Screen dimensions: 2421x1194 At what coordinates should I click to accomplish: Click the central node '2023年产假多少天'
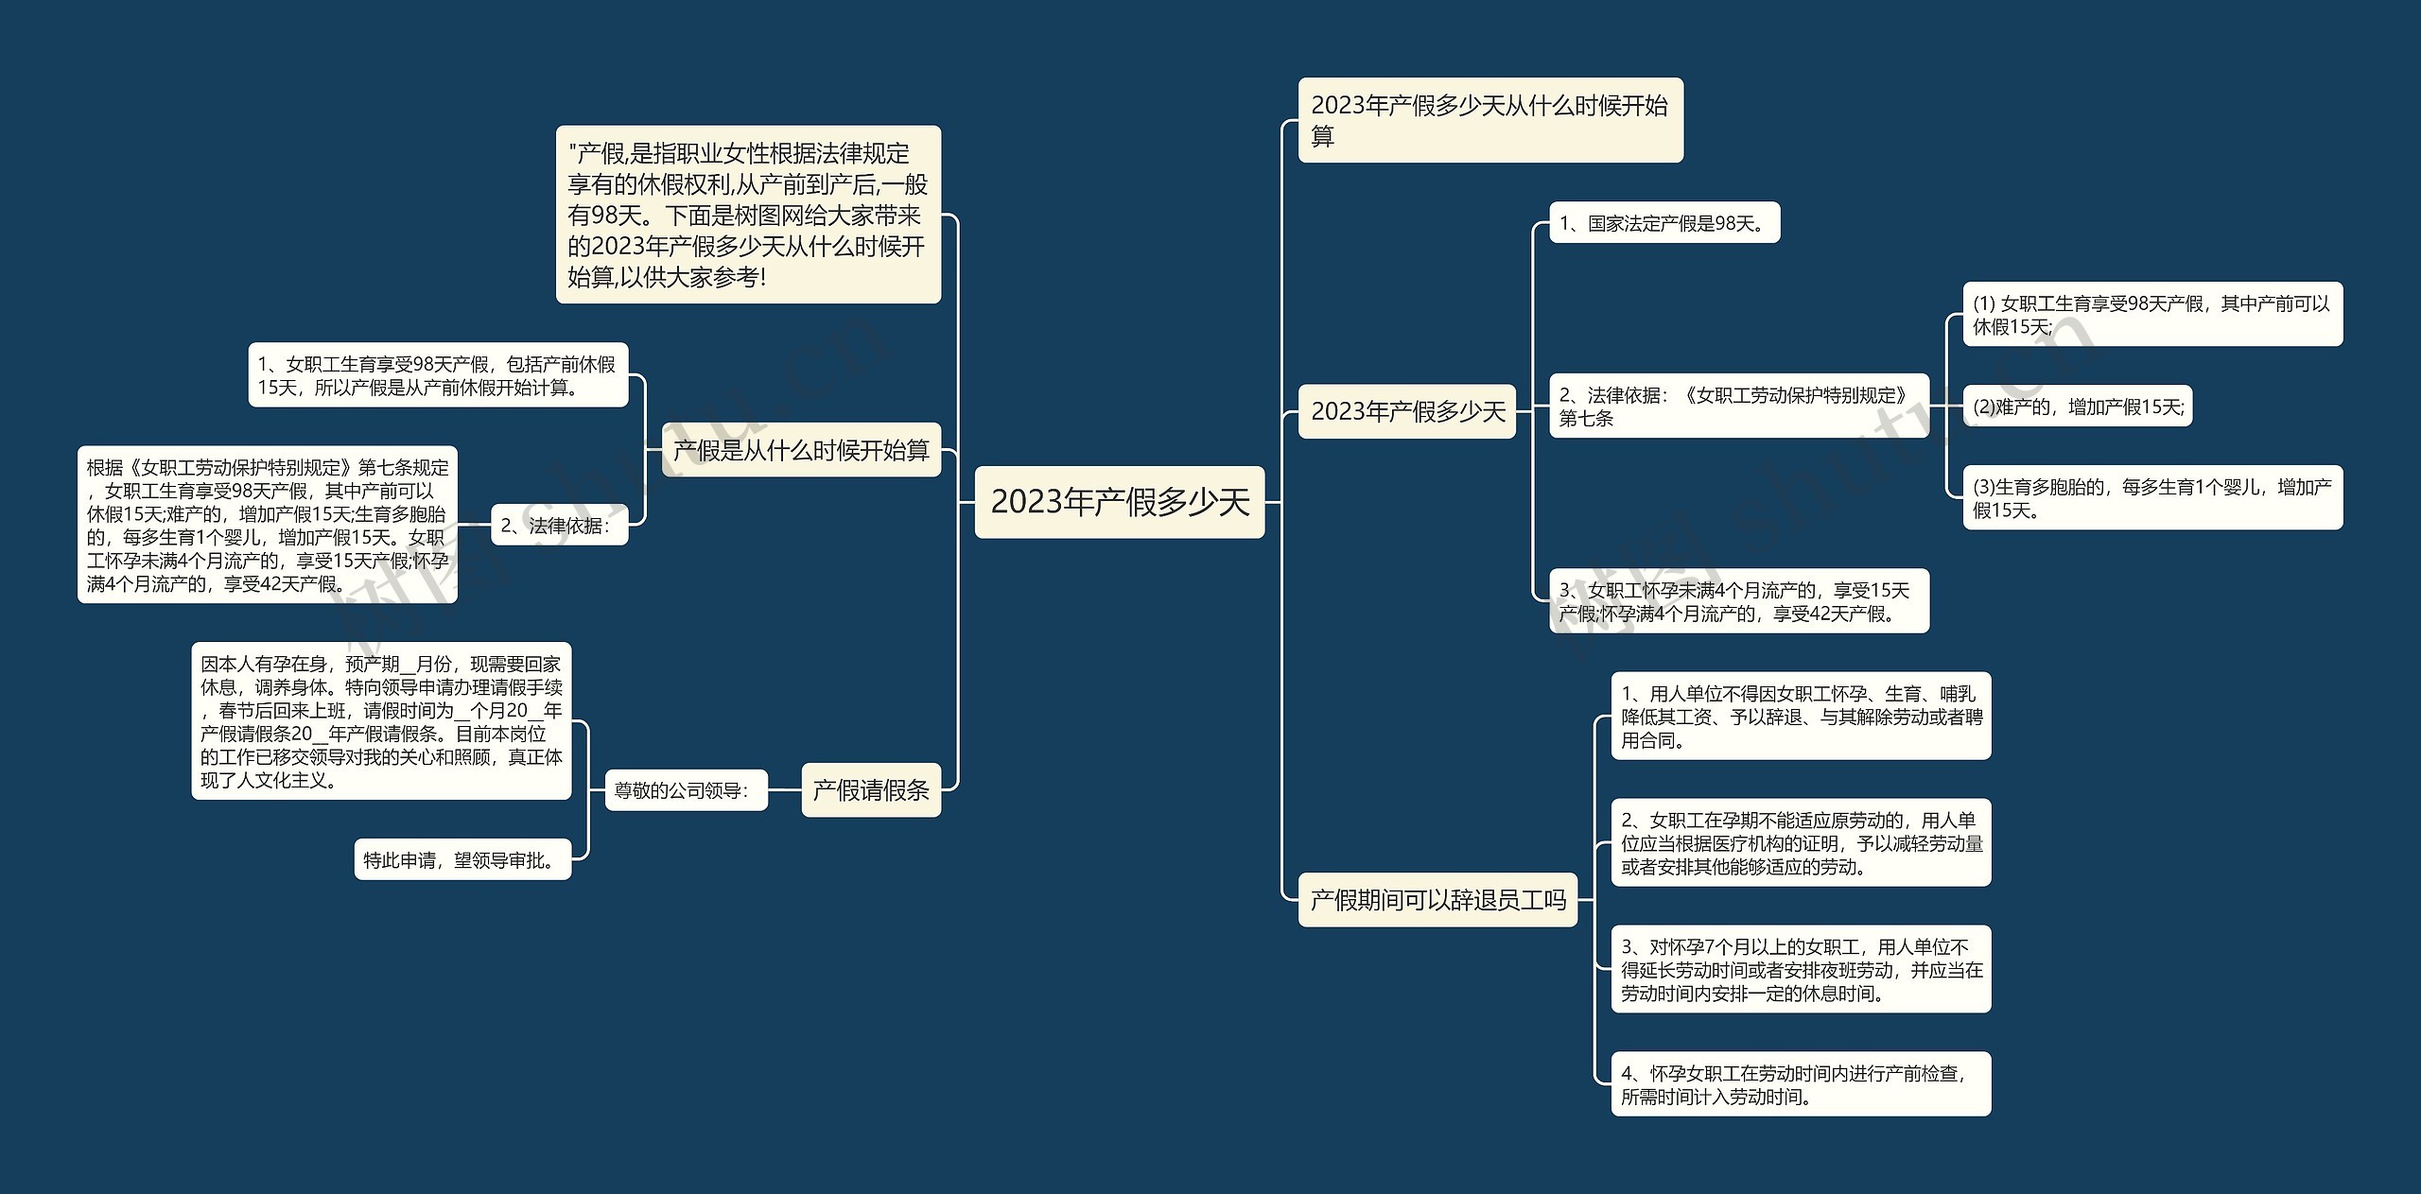click(x=1119, y=502)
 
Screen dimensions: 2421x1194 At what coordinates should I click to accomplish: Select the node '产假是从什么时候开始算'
click(x=801, y=450)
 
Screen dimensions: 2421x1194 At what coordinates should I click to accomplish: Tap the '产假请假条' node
click(x=871, y=790)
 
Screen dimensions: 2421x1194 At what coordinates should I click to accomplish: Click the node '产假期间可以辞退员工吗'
click(x=1437, y=900)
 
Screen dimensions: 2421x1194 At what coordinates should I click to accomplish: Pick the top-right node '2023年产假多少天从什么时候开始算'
click(x=1489, y=120)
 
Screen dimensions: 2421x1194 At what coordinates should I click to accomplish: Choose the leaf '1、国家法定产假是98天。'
click(x=1663, y=223)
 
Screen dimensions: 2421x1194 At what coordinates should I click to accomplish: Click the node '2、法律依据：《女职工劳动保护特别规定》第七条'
click(x=1738, y=407)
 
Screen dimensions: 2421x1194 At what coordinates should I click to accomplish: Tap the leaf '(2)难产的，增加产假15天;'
click(x=2077, y=407)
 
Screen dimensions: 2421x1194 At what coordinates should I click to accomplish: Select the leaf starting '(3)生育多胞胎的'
click(x=2151, y=498)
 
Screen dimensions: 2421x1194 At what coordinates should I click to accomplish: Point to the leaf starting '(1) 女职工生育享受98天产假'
click(x=2151, y=315)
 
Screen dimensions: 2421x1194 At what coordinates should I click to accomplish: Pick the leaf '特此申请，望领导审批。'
click(x=462, y=859)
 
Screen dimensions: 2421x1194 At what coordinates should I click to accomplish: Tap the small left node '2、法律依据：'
click(x=559, y=526)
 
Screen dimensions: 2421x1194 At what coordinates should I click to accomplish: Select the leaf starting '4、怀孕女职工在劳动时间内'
click(x=1800, y=1084)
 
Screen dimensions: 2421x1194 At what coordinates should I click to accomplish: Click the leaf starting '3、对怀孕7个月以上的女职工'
click(x=1800, y=969)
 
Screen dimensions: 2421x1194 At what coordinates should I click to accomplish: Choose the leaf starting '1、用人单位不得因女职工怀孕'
click(x=1800, y=717)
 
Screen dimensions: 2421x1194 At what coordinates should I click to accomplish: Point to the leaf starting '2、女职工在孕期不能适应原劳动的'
click(x=1800, y=843)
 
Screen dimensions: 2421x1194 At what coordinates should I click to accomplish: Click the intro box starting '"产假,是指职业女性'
click(x=748, y=215)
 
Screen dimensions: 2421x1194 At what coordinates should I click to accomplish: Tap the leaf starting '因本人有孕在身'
click(x=381, y=721)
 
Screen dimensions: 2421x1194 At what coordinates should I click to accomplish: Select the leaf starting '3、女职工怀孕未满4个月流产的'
click(x=1738, y=601)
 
